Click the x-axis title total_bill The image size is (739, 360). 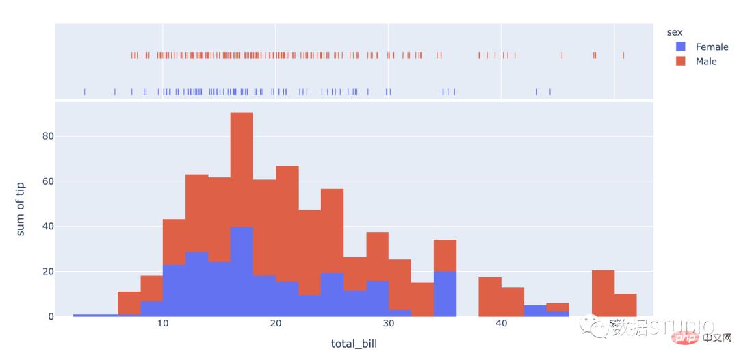click(353, 344)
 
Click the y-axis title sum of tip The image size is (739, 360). click(21, 209)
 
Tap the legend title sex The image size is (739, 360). click(675, 32)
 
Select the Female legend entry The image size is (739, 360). click(712, 47)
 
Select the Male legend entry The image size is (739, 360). click(706, 62)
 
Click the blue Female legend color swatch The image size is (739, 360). click(680, 47)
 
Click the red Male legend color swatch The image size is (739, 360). click(680, 62)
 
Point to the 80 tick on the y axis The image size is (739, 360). click(42, 136)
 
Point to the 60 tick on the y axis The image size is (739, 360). click(42, 181)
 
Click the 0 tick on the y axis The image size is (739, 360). click(45, 316)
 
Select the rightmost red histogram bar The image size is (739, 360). click(625, 305)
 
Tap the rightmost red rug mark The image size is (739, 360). click(623, 55)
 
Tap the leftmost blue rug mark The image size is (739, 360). click(85, 91)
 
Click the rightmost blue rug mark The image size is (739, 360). click(549, 91)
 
